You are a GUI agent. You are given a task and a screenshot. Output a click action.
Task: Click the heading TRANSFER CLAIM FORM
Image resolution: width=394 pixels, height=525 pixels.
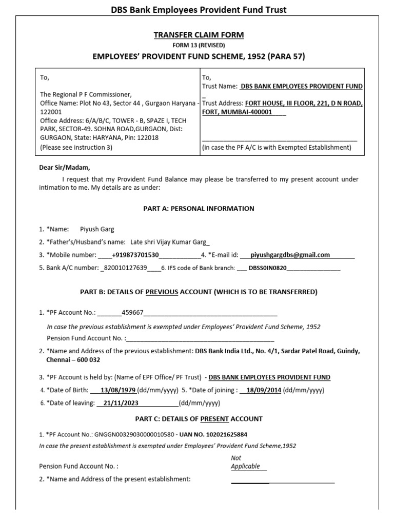click(200, 35)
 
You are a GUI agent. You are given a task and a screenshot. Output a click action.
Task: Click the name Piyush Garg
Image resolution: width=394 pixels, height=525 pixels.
click(97, 229)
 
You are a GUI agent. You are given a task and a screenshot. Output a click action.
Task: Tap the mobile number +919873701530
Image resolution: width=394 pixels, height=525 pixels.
click(135, 255)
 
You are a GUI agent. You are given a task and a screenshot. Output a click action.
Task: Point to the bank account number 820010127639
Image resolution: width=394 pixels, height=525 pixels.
click(126, 268)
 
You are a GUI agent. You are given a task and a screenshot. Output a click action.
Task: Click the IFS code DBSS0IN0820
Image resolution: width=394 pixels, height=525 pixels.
click(268, 268)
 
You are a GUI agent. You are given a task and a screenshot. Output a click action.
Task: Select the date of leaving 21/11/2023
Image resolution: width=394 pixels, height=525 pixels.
click(121, 403)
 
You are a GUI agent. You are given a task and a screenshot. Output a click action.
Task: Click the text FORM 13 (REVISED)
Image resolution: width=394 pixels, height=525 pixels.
click(199, 45)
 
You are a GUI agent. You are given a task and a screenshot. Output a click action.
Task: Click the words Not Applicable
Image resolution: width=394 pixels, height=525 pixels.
click(245, 462)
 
